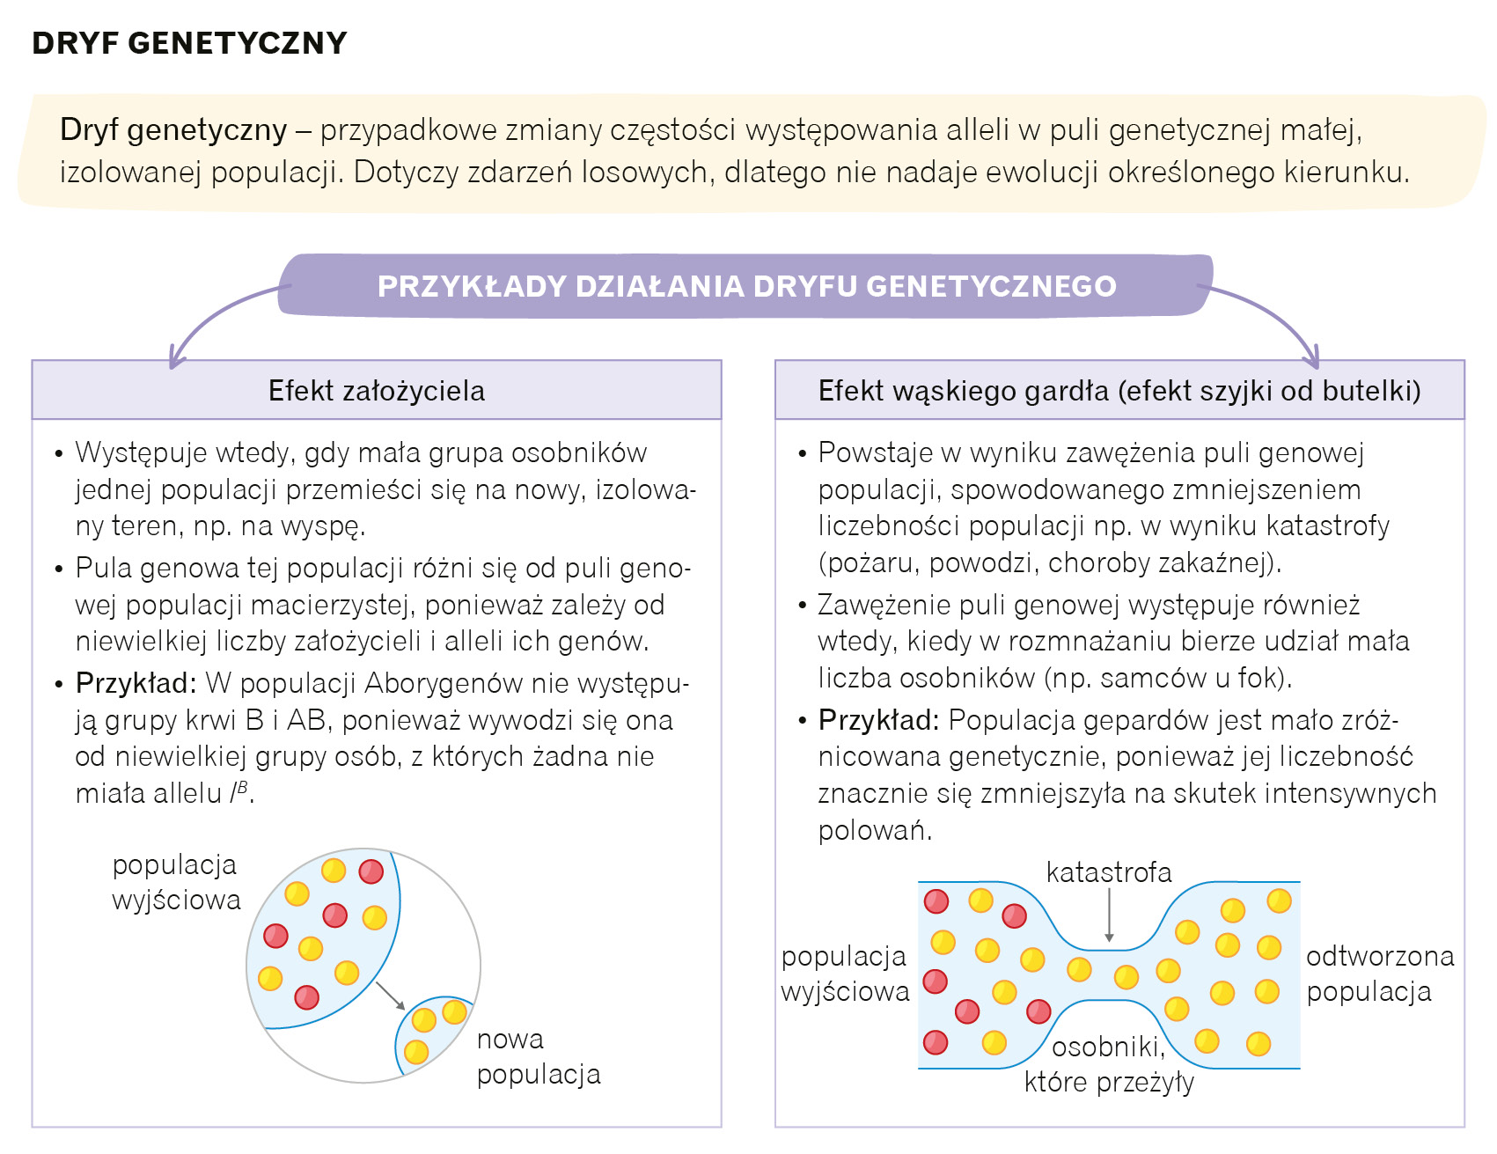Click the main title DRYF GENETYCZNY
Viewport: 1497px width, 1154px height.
pyautogui.click(x=189, y=43)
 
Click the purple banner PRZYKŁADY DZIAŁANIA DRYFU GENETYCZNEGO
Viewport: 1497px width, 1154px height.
pyautogui.click(x=746, y=286)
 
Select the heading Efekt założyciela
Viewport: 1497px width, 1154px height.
pyautogui.click(x=377, y=390)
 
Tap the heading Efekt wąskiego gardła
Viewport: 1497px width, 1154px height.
pyautogui.click(x=1119, y=390)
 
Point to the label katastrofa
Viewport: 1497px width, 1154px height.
pyautogui.click(x=1109, y=872)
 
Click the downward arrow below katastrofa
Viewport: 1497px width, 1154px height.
pyautogui.click(x=1109, y=915)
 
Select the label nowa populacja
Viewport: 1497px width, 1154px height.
pyautogui.click(x=538, y=1056)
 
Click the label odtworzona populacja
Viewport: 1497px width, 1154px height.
pyautogui.click(x=1379, y=974)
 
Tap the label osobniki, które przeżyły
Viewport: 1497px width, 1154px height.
pyautogui.click(x=1109, y=1063)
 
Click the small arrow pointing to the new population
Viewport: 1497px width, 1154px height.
pyautogui.click(x=389, y=996)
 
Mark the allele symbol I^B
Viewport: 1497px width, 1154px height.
pyautogui.click(x=239, y=793)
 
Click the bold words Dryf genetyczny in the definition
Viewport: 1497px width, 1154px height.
pyautogui.click(x=173, y=130)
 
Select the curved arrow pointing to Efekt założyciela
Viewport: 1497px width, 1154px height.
pyautogui.click(x=216, y=317)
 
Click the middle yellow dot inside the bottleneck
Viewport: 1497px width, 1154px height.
pyautogui.click(x=1126, y=976)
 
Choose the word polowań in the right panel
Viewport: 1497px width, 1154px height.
pyautogui.click(x=874, y=830)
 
